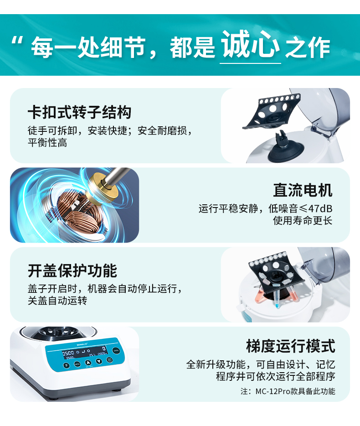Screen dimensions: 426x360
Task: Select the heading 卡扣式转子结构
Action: coord(79,112)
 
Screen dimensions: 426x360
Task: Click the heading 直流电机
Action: coord(303,190)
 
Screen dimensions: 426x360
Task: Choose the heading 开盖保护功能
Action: coord(72,270)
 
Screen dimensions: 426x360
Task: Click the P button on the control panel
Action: coord(67,365)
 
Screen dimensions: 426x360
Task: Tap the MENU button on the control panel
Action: coord(77,364)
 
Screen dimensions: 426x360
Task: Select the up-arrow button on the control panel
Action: coord(88,363)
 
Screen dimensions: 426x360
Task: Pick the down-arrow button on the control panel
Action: coord(99,362)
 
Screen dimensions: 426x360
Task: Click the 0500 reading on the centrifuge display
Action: coord(68,353)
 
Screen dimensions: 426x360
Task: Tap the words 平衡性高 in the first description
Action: coord(47,143)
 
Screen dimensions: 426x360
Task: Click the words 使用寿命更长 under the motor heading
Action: coord(303,221)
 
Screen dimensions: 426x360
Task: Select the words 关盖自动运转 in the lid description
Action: coord(57,301)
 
